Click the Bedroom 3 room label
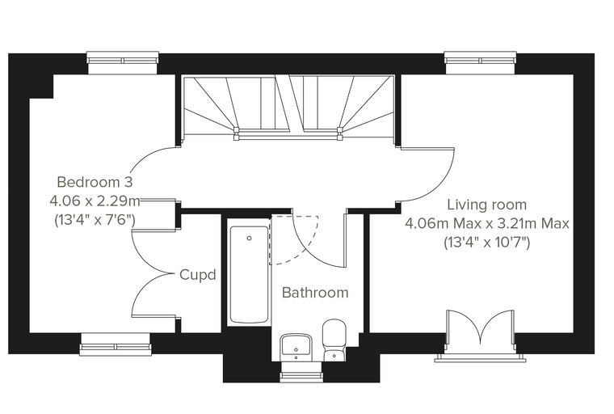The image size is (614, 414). (95, 182)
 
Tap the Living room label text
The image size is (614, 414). (486, 205)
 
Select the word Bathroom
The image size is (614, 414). (315, 293)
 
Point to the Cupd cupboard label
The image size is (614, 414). (198, 275)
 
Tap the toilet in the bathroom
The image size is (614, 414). (334, 340)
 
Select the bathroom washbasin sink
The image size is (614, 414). (296, 348)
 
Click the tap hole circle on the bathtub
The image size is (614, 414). (249, 238)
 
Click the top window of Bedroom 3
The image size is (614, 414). (123, 61)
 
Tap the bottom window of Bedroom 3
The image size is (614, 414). (116, 345)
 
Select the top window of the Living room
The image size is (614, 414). (481, 61)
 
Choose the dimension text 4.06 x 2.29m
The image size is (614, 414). (95, 201)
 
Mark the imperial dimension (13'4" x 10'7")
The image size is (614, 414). (486, 243)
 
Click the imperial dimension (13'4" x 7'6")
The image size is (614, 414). (95, 220)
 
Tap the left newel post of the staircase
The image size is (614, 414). (236, 133)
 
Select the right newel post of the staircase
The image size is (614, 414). (339, 133)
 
